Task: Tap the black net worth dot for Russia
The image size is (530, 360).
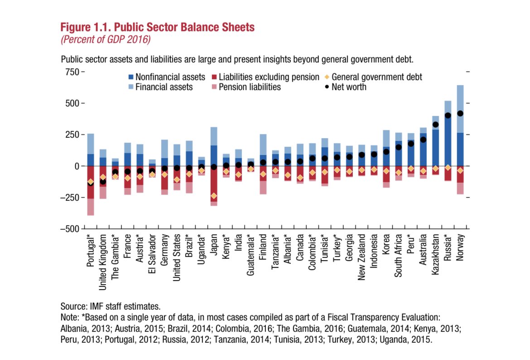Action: (448, 115)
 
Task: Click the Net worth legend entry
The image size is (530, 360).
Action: (349, 87)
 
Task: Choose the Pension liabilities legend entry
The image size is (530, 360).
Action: (249, 87)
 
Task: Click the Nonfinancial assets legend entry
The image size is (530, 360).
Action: (170, 77)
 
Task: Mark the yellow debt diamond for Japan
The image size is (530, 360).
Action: (214, 196)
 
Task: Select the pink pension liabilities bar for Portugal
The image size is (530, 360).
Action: (91, 207)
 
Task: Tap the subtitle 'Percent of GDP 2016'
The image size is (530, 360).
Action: (105, 39)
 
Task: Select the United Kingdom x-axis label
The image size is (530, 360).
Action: (103, 262)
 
